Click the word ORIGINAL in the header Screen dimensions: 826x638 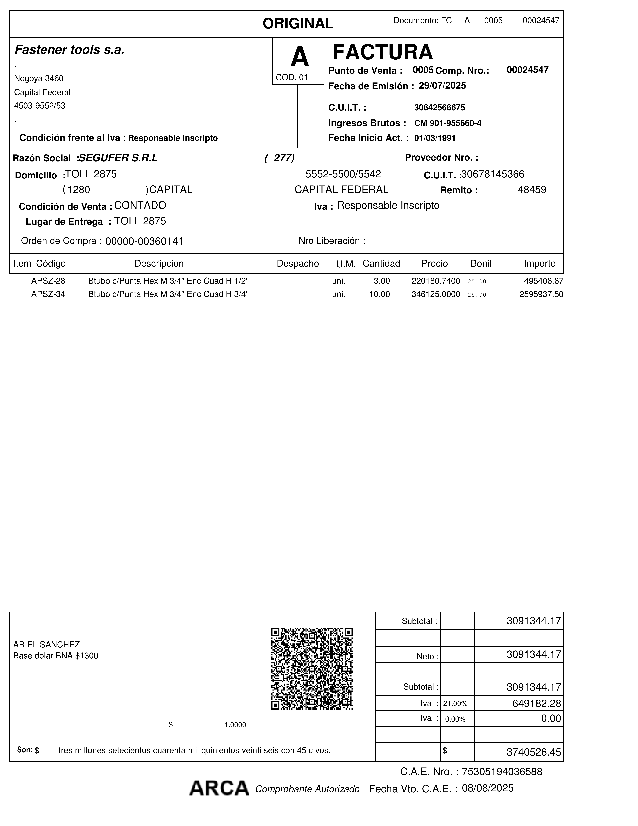(x=298, y=23)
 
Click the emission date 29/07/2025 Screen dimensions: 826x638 (x=442, y=86)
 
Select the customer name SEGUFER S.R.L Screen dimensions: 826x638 (x=118, y=158)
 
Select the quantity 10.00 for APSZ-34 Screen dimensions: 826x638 (x=379, y=294)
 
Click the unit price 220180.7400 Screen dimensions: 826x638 (x=435, y=281)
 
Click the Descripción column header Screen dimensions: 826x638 (x=159, y=264)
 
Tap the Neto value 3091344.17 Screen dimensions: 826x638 (x=534, y=655)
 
